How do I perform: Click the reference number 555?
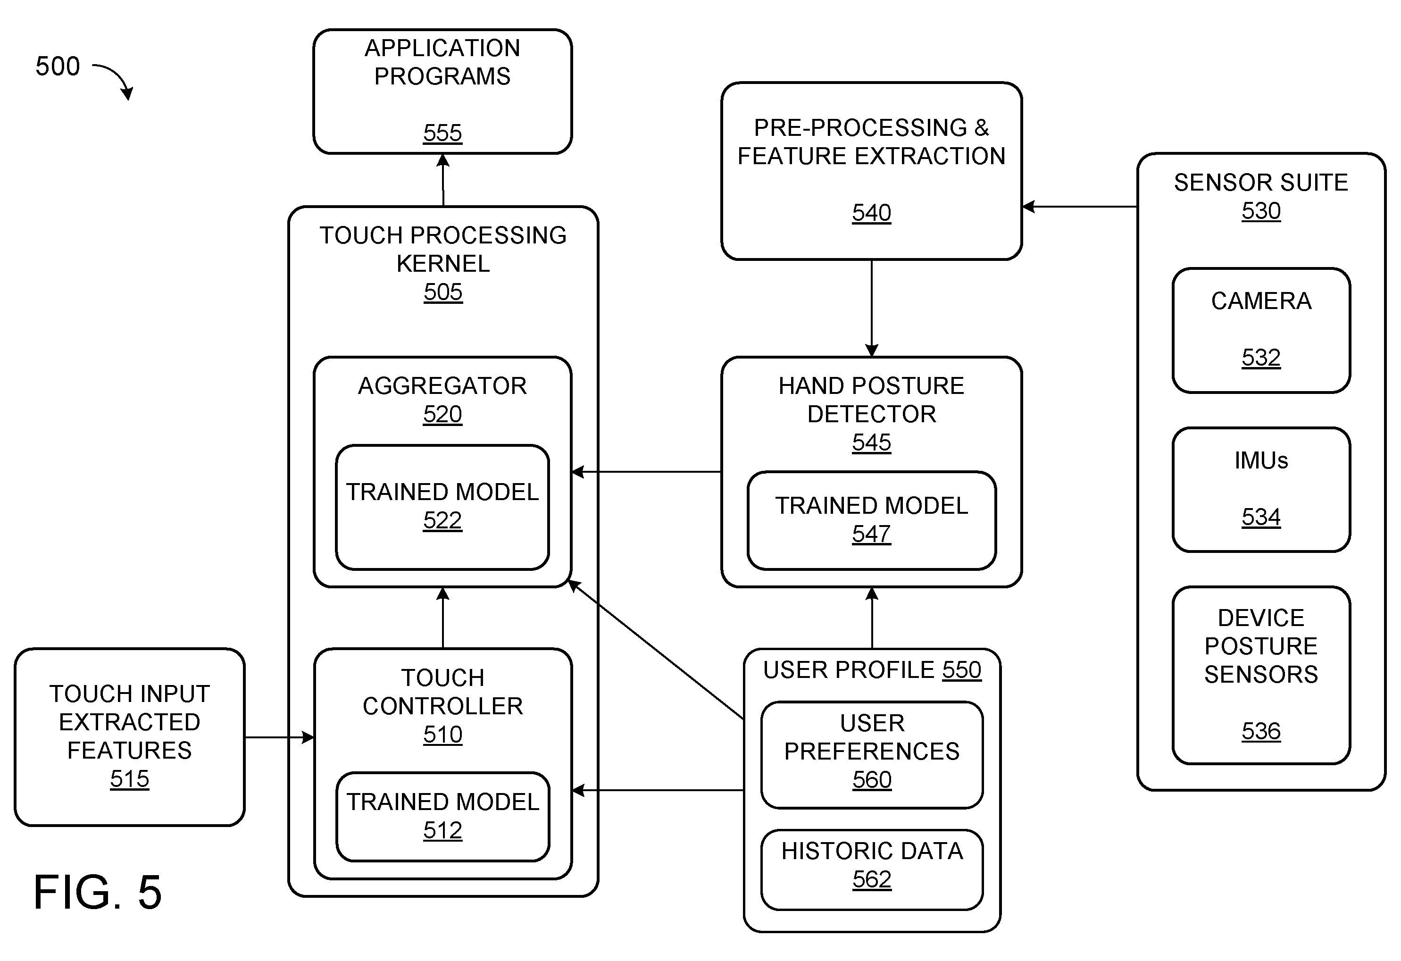[x=442, y=133]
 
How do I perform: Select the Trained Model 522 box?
[x=442, y=507]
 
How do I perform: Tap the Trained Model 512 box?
[x=442, y=816]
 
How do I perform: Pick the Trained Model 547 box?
[x=871, y=520]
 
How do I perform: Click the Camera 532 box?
[x=1261, y=330]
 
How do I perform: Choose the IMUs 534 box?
[x=1261, y=490]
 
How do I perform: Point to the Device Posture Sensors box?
[x=1261, y=675]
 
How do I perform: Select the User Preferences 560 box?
[x=872, y=755]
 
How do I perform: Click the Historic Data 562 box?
[x=872, y=870]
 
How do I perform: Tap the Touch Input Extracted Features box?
[x=130, y=737]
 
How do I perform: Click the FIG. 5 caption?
[x=98, y=892]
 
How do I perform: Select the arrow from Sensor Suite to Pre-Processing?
[x=1080, y=207]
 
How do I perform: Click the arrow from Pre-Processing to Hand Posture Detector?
[x=872, y=308]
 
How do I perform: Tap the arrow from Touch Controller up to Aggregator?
[x=443, y=618]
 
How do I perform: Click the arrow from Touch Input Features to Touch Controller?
[x=280, y=737]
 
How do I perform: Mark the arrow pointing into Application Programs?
[x=443, y=180]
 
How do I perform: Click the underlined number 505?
[x=443, y=292]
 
